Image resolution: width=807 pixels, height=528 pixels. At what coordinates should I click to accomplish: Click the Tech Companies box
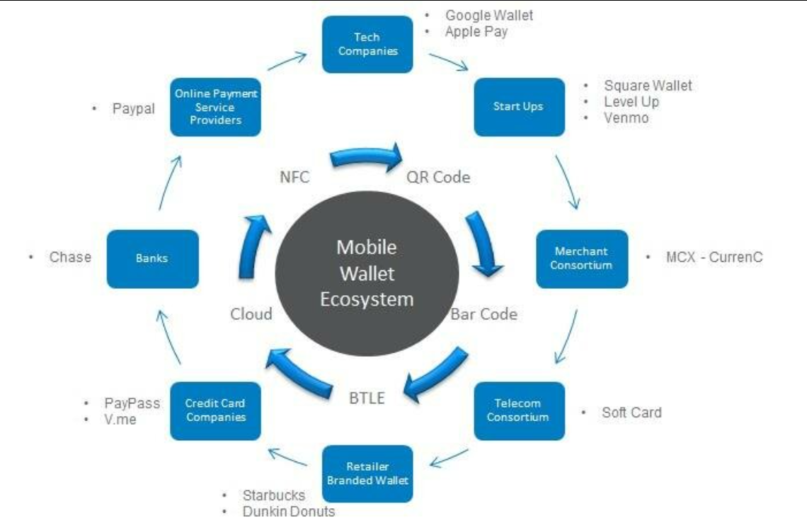coord(367,44)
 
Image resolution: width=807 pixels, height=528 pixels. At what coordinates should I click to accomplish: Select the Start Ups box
coord(519,107)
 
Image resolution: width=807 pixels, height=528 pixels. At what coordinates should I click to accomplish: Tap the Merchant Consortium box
coord(581,258)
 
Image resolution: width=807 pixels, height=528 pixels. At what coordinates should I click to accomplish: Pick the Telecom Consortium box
coord(519,411)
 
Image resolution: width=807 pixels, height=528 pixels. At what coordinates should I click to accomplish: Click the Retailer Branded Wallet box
coord(367,474)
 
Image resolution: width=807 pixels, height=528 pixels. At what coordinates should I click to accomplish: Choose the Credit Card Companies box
coord(215,411)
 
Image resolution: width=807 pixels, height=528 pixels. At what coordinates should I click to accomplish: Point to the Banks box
coord(152,258)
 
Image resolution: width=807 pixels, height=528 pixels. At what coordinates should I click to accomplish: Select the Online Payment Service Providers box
coord(215,107)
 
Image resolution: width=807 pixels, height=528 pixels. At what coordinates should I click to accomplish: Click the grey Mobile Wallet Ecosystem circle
coord(367,273)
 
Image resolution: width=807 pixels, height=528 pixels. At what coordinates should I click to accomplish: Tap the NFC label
coord(294,177)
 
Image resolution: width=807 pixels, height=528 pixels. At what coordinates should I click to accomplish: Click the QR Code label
coord(438,177)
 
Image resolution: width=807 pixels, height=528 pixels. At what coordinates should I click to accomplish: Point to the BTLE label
coord(367,398)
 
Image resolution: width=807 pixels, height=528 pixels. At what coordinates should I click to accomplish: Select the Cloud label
coord(251,314)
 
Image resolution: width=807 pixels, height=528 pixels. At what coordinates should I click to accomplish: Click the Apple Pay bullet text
coord(476,31)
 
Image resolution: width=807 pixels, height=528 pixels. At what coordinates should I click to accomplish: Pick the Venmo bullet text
coord(626,117)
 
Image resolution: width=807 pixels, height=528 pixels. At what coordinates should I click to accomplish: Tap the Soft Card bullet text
coord(631,412)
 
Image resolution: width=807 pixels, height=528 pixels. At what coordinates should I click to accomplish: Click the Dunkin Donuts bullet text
coord(288,511)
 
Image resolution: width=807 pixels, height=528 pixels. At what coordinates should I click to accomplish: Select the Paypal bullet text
coord(133,109)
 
